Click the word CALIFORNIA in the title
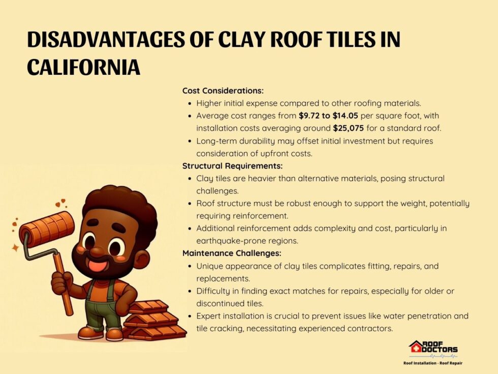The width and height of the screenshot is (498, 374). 83,67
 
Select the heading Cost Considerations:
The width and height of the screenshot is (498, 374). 223,91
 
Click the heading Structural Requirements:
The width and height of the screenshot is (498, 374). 232,166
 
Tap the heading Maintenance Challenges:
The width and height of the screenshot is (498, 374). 232,253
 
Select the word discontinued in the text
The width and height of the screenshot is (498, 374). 221,303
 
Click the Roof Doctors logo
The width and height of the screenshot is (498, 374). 433,348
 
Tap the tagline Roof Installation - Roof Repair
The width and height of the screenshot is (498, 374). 433,363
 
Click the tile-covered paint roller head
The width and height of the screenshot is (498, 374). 46,230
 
